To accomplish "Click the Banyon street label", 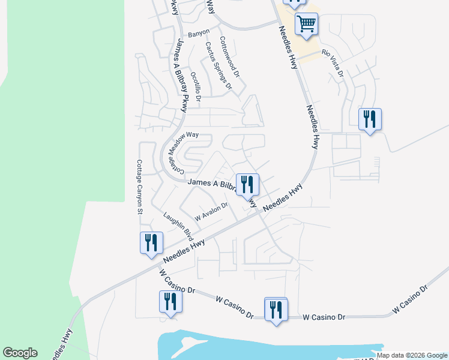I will (199, 32).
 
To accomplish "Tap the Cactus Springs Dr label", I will (218, 65).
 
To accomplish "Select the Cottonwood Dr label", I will (230, 58).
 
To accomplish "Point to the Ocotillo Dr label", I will (195, 85).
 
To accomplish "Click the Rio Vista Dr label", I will (333, 62).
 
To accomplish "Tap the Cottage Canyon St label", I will (139, 187).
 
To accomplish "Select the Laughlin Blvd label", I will (178, 223).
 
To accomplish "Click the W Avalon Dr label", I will (211, 211).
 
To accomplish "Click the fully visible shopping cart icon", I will (306, 25).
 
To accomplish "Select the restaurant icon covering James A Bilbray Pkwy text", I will (247, 184).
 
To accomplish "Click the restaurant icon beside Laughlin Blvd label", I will (150, 242).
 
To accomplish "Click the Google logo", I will (20, 353).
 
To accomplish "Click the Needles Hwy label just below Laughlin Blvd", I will (183, 251).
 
